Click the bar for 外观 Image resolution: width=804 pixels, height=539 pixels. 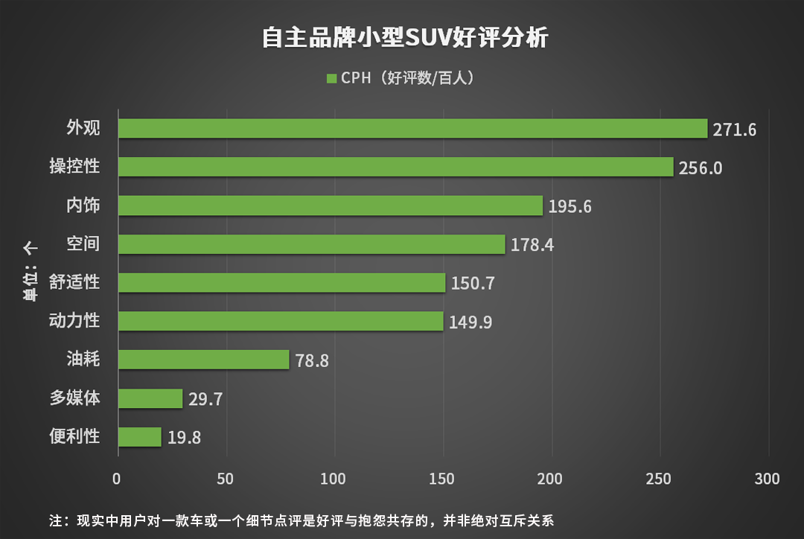point(412,129)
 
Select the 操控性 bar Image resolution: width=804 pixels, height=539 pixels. point(395,167)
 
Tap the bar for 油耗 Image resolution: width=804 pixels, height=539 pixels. point(203,360)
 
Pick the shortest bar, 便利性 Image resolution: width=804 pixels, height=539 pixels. point(140,437)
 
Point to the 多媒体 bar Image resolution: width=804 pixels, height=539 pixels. point(150,398)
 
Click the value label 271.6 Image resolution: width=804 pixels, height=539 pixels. point(734,130)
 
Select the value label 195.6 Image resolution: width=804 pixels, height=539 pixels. point(569,207)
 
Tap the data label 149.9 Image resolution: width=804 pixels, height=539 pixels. point(470,322)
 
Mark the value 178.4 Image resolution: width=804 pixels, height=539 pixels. point(532,245)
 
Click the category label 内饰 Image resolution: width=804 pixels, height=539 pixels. point(83,206)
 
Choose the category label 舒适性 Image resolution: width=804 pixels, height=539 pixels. point(74,283)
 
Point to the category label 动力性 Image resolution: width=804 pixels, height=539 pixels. point(74,322)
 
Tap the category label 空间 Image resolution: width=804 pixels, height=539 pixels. point(83,244)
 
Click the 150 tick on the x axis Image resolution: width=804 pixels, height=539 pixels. point(443,479)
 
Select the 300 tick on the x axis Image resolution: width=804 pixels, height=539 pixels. point(768,479)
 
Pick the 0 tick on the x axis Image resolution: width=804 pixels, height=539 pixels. point(117,479)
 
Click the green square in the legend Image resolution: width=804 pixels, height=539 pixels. point(331,78)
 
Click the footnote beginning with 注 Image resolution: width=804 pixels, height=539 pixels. point(301,520)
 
